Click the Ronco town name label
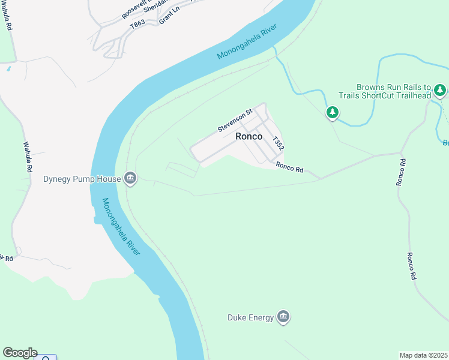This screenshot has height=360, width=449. (249, 136)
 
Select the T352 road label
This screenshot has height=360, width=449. (277, 143)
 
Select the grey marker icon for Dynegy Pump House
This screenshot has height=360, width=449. (130, 178)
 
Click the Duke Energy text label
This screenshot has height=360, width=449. (250, 317)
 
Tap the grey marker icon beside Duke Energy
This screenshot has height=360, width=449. (283, 317)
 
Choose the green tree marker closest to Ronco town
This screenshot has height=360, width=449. (333, 112)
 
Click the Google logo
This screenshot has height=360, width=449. (20, 353)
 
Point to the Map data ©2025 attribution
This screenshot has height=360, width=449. (423, 355)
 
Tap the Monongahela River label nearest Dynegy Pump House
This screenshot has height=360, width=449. (121, 227)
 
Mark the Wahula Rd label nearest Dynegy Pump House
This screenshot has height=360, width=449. (27, 157)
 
